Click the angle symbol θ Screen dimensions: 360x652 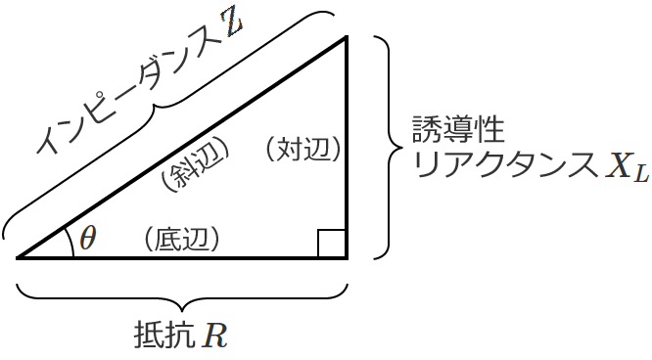coord(88,239)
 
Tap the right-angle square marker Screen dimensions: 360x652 coord(331,244)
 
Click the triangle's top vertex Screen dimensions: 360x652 coord(347,38)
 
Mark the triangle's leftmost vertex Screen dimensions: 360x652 coord(19,258)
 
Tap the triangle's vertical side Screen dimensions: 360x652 coord(347,147)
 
